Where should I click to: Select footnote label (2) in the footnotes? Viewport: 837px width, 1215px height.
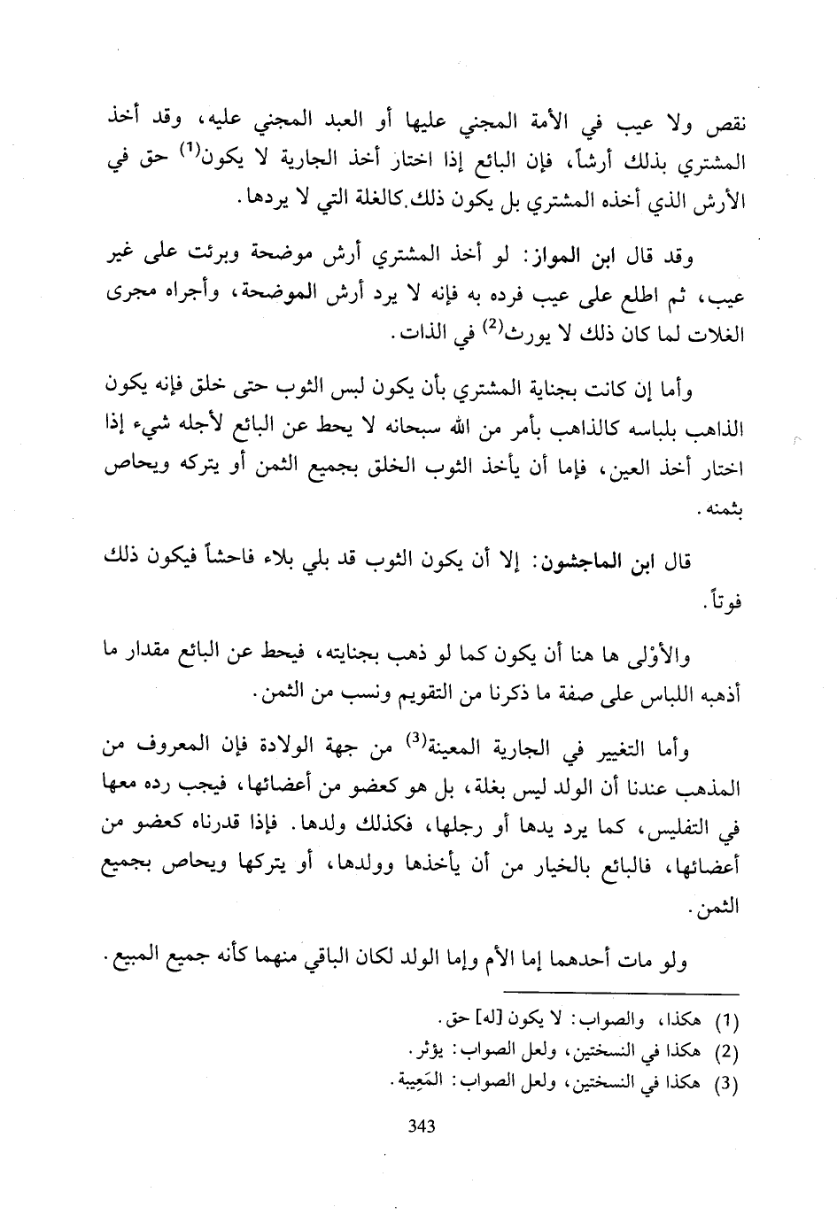point(725,1053)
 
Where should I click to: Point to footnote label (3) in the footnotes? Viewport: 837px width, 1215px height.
point(725,1083)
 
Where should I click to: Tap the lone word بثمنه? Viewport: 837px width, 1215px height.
point(725,512)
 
